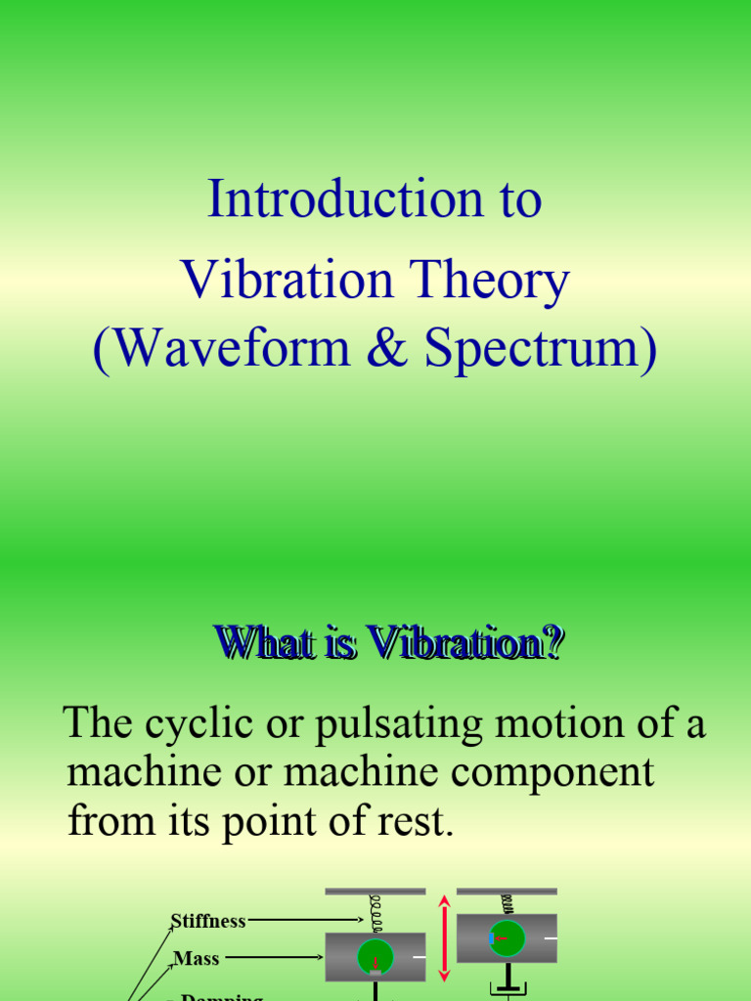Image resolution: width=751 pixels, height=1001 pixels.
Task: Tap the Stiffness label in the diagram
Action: coord(208,921)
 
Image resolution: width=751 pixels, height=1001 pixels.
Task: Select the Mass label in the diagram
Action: coord(197,959)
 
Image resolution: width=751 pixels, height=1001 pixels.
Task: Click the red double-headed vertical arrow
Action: coord(444,937)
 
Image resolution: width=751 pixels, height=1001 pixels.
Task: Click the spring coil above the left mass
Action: coord(375,914)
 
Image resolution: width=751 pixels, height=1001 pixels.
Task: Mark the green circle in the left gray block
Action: coord(375,957)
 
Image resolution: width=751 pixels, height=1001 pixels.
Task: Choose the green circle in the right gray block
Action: coord(507,938)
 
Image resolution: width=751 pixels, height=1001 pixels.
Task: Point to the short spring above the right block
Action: coord(507,904)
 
